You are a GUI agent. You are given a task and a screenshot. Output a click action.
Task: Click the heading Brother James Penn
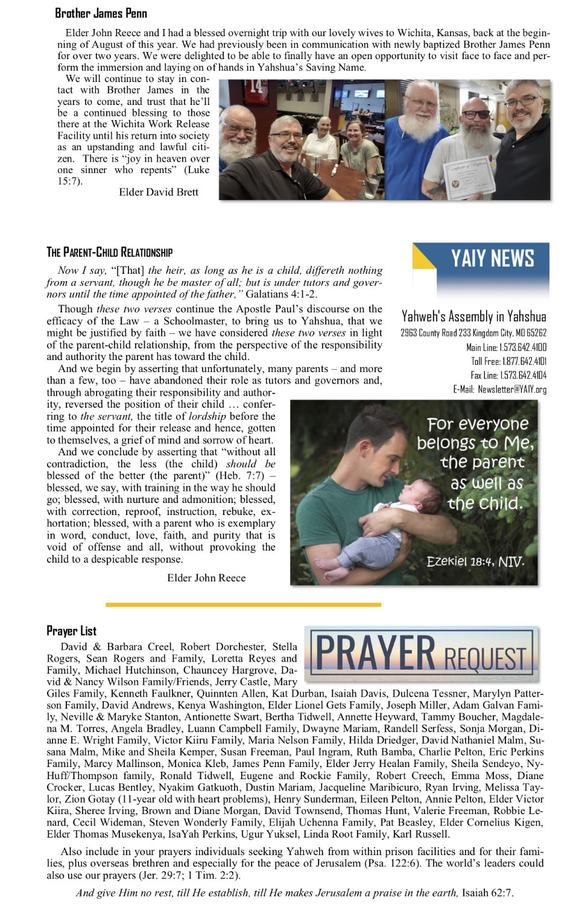pos(101,13)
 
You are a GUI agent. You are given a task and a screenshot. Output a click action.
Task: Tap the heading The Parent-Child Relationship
pos(109,252)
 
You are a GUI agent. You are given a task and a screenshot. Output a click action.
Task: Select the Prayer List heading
pos(71,631)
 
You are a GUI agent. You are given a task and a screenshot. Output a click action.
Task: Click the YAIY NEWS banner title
pos(492,259)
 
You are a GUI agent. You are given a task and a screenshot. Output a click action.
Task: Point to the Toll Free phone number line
pos(508,361)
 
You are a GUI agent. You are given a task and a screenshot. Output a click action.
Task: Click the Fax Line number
pos(508,375)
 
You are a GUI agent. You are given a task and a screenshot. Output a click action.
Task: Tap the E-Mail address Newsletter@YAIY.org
pos(499,389)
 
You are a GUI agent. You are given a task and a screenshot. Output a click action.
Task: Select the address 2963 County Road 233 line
pos(473,333)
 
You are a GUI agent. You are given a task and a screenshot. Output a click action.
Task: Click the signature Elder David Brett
pos(159,192)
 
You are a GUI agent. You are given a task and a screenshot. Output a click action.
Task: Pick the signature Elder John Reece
pos(206,578)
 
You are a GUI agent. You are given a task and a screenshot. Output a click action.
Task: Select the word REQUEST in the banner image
pos(485,659)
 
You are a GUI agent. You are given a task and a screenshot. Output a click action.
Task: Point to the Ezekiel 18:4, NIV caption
pos(475,561)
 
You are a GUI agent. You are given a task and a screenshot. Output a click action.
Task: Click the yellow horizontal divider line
pos(243,604)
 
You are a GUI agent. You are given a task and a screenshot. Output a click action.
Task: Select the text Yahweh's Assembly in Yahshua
pos(473,316)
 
